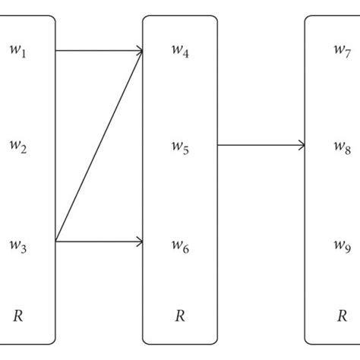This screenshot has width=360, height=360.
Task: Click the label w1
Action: pos(18,52)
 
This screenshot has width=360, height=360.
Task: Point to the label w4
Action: pos(180,52)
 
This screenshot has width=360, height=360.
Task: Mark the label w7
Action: pos(342,51)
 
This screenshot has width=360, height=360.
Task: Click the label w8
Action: pos(342,147)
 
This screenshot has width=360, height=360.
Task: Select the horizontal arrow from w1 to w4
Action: pos(99,51)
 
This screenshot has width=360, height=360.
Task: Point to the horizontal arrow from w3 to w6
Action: pos(99,242)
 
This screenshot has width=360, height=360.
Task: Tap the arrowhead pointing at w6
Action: pos(140,242)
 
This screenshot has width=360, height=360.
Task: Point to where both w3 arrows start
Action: pos(57,242)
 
